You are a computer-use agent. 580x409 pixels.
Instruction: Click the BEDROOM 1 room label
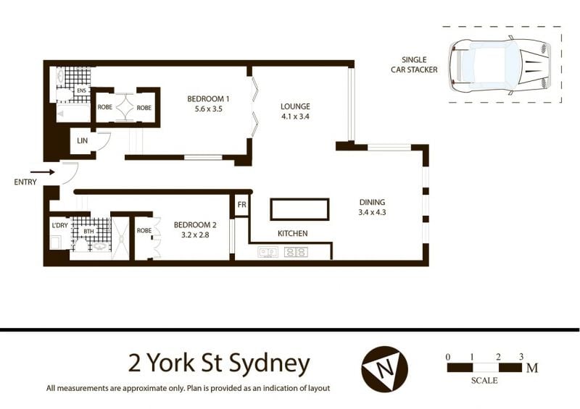(x=208, y=99)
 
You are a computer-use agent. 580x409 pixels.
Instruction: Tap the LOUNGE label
(x=295, y=107)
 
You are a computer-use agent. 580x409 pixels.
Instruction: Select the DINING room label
(x=372, y=202)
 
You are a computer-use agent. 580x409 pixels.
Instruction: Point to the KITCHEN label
(x=293, y=234)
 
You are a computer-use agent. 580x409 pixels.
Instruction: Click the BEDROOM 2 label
(x=195, y=225)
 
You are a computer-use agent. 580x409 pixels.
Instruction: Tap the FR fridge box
(x=241, y=205)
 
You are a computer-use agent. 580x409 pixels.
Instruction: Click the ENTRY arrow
(x=43, y=172)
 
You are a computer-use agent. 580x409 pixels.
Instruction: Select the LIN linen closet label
(x=82, y=140)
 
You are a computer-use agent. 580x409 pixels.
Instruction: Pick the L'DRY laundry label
(x=59, y=225)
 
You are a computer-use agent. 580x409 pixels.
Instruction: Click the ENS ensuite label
(x=81, y=90)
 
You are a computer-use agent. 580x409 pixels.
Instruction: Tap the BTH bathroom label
(x=88, y=232)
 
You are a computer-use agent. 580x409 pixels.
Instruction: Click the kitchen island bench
(x=299, y=209)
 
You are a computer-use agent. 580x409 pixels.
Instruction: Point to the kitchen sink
(x=268, y=252)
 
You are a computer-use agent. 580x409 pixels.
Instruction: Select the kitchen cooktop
(x=296, y=252)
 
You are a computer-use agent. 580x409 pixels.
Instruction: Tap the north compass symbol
(x=385, y=368)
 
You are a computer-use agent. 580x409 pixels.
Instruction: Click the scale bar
(x=484, y=368)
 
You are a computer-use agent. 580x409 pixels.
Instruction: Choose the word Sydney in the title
(x=269, y=363)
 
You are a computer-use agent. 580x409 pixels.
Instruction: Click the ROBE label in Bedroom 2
(x=144, y=230)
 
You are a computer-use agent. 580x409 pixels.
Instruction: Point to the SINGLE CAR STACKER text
(x=414, y=64)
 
